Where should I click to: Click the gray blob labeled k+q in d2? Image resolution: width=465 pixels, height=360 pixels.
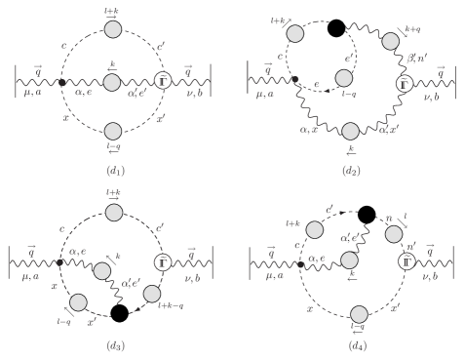pos(393,41)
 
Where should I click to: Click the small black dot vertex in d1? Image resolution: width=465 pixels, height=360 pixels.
pos(61,83)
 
